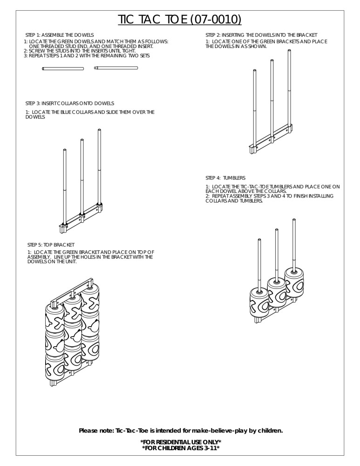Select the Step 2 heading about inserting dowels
coord(261,35)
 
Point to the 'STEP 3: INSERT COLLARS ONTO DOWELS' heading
coord(69,103)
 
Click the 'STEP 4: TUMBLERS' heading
coord(225,178)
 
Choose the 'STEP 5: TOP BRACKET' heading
coord(51,245)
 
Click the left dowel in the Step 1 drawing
coord(63,69)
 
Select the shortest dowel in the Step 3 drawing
coord(65,186)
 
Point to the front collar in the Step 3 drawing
coord(64,226)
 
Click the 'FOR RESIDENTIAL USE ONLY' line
coord(180,442)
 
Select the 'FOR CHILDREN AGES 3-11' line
coord(180,448)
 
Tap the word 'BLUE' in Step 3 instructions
coord(58,112)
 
